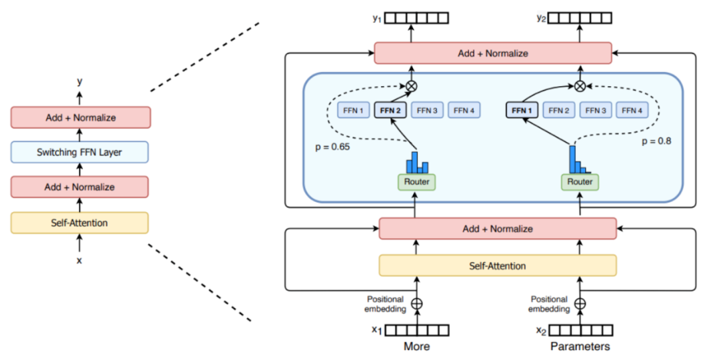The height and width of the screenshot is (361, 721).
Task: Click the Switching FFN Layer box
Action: (80, 152)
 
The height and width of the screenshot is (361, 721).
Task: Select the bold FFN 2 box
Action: (390, 111)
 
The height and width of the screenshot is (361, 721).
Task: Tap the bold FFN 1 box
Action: (522, 111)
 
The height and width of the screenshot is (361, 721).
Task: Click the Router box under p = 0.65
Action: (417, 182)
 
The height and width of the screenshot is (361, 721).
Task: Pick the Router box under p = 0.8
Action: (580, 182)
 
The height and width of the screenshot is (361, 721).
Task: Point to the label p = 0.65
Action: (332, 147)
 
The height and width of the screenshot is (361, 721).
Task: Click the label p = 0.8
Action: (657, 141)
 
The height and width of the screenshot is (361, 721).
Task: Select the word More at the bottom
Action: (417, 346)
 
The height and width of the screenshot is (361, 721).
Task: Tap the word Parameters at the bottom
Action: (580, 346)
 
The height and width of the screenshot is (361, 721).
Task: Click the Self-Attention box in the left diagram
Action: (80, 223)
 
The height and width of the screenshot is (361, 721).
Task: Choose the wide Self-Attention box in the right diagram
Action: (498, 266)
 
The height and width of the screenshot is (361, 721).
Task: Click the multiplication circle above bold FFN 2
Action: (412, 86)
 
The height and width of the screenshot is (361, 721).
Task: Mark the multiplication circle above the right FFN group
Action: (580, 86)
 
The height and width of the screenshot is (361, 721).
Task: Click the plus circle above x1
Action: (417, 303)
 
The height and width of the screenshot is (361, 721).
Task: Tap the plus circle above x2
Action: (580, 303)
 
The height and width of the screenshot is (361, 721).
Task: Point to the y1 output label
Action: (377, 18)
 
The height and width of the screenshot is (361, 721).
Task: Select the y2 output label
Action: (541, 18)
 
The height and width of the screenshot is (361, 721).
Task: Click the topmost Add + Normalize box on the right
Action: (493, 53)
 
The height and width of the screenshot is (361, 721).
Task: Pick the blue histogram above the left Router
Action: (417, 163)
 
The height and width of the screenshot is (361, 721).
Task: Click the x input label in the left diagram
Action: (79, 260)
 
